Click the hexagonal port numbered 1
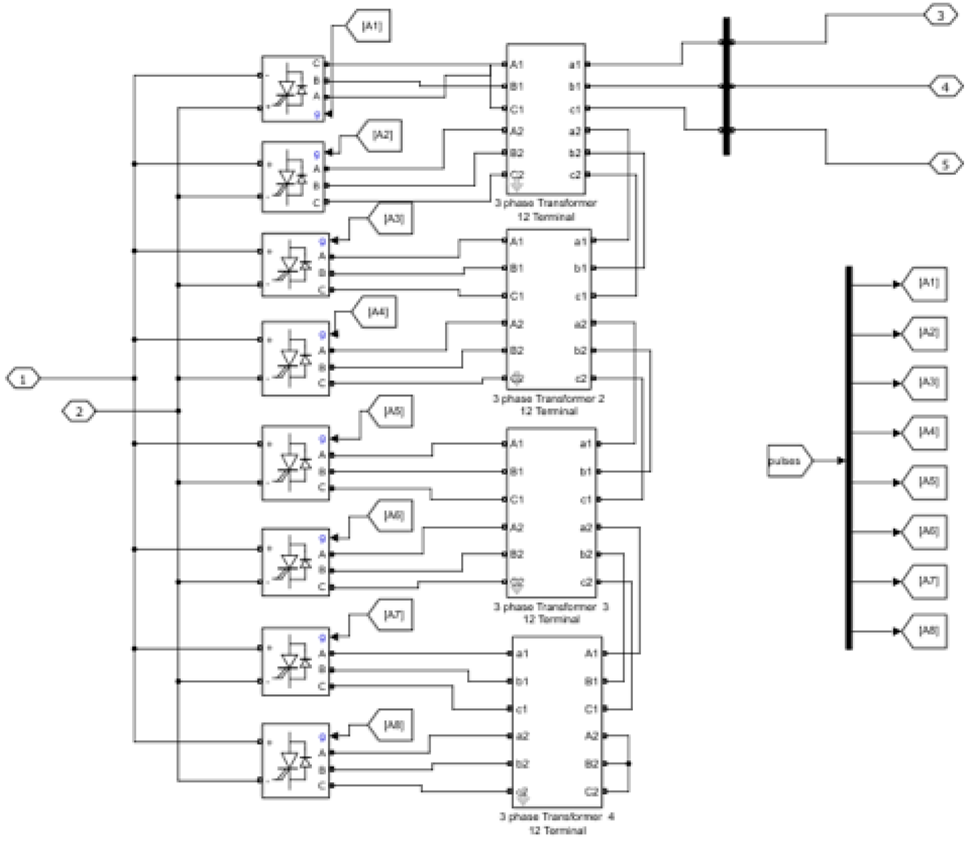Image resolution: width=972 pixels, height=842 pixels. click(22, 379)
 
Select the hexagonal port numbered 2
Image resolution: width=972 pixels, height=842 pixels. click(78, 412)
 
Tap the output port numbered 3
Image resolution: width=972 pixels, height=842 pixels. click(940, 15)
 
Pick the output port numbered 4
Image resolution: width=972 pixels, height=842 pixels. click(945, 87)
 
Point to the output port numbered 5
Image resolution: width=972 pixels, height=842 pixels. click(945, 164)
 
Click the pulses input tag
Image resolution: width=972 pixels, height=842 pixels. click(788, 461)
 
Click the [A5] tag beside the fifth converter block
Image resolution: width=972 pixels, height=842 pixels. click(392, 411)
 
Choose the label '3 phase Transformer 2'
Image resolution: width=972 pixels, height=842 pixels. click(548, 398)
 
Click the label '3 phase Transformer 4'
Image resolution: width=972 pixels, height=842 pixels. click(556, 816)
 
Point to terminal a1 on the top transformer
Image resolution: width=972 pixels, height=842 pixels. click(575, 64)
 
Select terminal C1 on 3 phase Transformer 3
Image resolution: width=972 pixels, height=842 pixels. click(517, 500)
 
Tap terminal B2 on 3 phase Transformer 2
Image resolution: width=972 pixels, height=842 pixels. click(517, 351)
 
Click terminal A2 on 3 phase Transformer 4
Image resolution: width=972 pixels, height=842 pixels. click(591, 736)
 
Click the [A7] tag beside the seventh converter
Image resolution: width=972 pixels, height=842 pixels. click(392, 615)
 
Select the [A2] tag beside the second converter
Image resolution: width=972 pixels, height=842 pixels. click(381, 135)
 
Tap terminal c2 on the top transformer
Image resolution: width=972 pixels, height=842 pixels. click(575, 175)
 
